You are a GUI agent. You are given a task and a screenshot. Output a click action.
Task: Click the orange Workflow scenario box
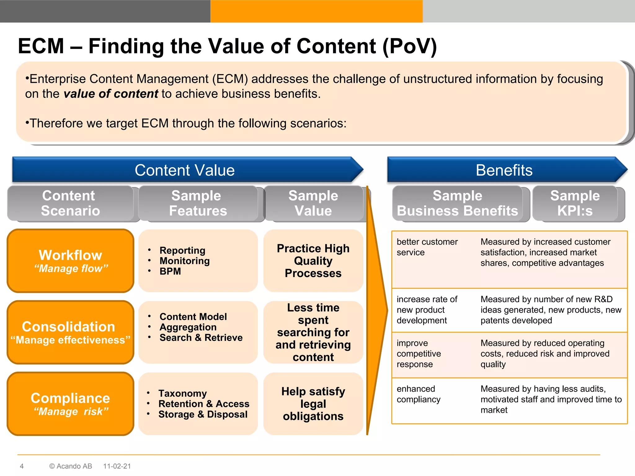70,261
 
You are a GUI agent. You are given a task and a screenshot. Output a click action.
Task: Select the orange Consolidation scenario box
70,332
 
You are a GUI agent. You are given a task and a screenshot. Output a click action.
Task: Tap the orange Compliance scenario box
70,404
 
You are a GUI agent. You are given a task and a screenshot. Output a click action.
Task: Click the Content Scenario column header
70,203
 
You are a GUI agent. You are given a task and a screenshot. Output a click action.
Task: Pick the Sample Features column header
198,203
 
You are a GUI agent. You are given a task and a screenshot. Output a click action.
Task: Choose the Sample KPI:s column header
575,203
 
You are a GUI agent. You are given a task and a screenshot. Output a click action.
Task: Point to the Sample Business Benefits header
457,203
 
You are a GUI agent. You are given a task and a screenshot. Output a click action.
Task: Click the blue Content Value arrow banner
185,170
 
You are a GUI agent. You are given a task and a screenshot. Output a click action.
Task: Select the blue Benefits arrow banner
504,170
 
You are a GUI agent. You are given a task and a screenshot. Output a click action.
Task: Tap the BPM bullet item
170,271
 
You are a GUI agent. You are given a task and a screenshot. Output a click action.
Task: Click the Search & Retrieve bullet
201,337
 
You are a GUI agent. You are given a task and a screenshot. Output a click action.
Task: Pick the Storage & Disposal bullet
203,414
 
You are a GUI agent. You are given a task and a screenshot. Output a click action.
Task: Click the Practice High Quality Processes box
313,261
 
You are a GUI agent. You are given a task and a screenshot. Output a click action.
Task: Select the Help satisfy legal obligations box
313,404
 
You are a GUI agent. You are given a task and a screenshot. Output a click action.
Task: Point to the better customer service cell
427,247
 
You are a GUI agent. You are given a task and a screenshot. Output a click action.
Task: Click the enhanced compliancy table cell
419,394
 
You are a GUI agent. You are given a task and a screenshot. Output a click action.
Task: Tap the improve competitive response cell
419,354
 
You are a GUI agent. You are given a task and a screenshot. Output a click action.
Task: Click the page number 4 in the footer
22,466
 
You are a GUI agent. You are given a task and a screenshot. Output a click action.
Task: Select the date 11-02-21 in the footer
117,466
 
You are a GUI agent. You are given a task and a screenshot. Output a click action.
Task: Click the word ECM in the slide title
41,46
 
